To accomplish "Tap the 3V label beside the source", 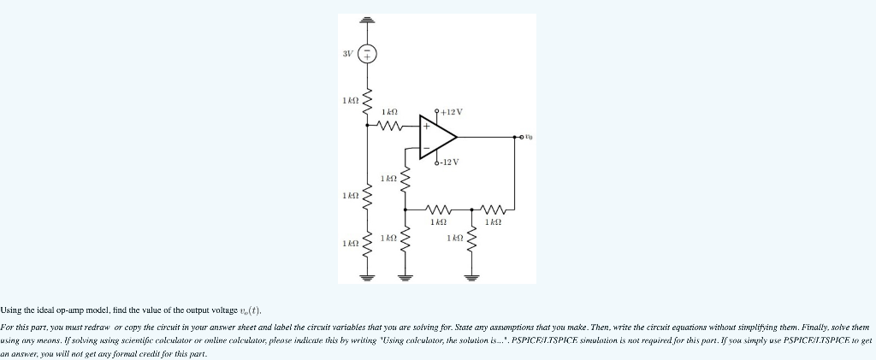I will point(347,54).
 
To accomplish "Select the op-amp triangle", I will point(437,137).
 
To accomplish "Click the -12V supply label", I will point(448,162).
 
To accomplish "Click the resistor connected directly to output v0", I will point(494,208).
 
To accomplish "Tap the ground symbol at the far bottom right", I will point(470,276).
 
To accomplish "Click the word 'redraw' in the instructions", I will point(108,328).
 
